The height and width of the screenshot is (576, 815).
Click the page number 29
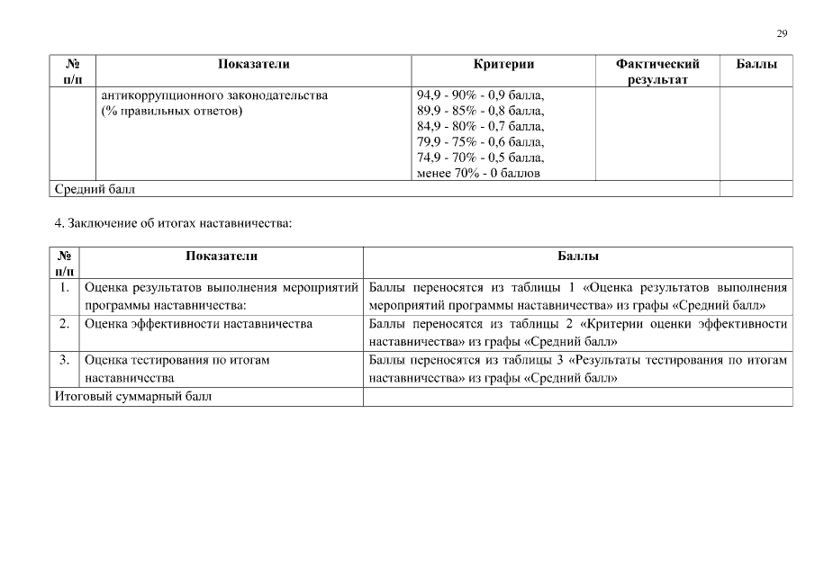782,33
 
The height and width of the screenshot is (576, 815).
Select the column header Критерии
503,64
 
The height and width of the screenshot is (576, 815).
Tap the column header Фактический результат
657,72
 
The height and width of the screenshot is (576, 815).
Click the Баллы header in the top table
756,64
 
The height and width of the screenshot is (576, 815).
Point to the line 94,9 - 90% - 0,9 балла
481,94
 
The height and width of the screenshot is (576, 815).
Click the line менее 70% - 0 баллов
478,173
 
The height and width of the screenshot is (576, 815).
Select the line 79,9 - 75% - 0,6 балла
481,141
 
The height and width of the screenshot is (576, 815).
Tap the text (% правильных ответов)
171,111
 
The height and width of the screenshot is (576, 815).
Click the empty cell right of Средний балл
756,189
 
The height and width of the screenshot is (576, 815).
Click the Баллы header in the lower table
577,256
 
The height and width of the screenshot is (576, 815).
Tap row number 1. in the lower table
64,288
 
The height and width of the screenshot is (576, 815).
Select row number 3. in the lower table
64,360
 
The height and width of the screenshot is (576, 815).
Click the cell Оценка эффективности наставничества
198,324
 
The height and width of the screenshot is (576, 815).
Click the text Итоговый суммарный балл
133,397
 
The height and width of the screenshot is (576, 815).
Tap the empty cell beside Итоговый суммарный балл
577,397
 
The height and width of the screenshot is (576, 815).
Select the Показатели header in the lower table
222,256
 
